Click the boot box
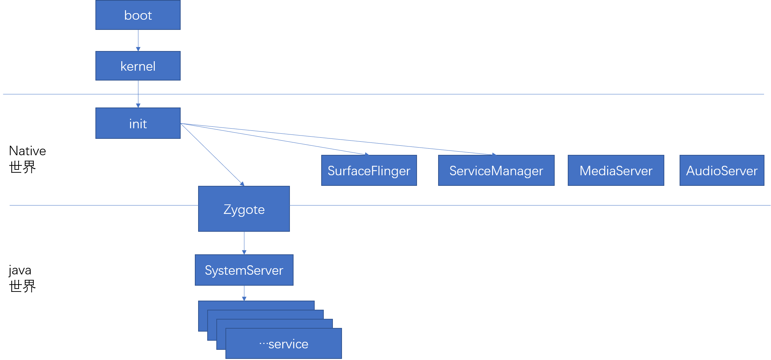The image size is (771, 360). point(138,15)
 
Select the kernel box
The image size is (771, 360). point(138,66)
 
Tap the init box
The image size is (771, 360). point(138,124)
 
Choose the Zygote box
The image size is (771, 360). point(244,209)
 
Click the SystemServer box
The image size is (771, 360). point(244,270)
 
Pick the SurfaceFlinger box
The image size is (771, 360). point(369,171)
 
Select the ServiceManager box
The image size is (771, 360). point(496,171)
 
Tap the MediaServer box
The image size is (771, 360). point(615,171)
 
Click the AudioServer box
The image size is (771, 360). point(721,171)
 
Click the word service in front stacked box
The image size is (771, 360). point(288,344)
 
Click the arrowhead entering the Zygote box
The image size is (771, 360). point(242,184)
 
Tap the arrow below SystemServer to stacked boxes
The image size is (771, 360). point(244,293)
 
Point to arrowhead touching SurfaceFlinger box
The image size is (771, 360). point(367,154)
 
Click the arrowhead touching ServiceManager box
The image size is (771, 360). point(494,154)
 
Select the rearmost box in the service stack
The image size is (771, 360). point(255,305)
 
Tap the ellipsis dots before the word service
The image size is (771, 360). point(263,344)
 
